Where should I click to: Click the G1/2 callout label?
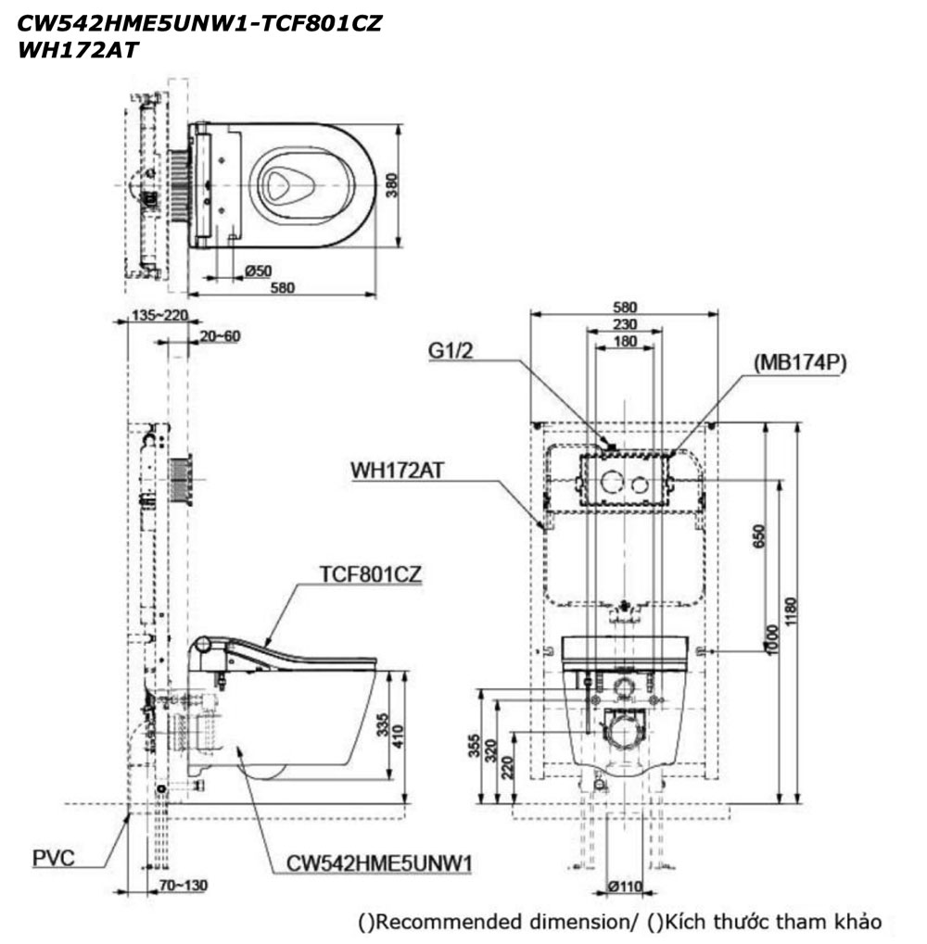point(454,352)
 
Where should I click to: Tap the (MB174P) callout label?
point(800,362)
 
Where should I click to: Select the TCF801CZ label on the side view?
point(371,574)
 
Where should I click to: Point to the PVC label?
point(54,858)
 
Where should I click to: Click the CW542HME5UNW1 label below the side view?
point(379,864)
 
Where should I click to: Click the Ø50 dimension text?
point(258,271)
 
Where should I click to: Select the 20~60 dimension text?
point(219,335)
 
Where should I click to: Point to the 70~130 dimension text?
point(183,886)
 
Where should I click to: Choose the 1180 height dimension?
point(788,611)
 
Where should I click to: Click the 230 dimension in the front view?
point(624,325)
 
